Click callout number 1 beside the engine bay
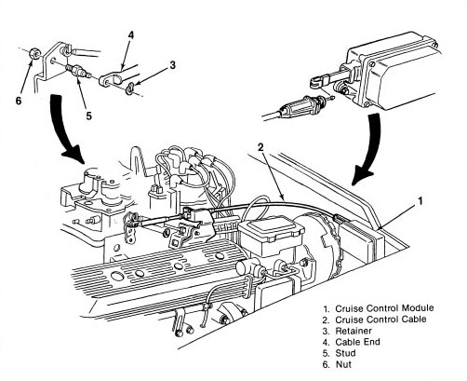pyautogui.click(x=420, y=201)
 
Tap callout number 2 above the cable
pyautogui.click(x=260, y=147)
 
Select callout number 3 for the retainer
pyautogui.click(x=172, y=65)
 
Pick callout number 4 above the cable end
pyautogui.click(x=131, y=35)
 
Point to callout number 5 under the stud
pyautogui.click(x=89, y=116)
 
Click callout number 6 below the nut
pyautogui.click(x=19, y=101)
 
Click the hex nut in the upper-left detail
pyautogui.click(x=33, y=55)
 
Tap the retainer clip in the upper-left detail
pyautogui.click(x=130, y=88)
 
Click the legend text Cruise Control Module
pyautogui.click(x=384, y=308)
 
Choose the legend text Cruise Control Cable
pyautogui.click(x=380, y=320)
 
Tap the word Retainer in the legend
pyautogui.click(x=354, y=331)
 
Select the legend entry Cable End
pyautogui.click(x=357, y=342)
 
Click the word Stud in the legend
pyautogui.click(x=345, y=353)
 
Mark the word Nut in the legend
pyautogui.click(x=343, y=364)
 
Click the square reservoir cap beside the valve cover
pyautogui.click(x=271, y=229)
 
